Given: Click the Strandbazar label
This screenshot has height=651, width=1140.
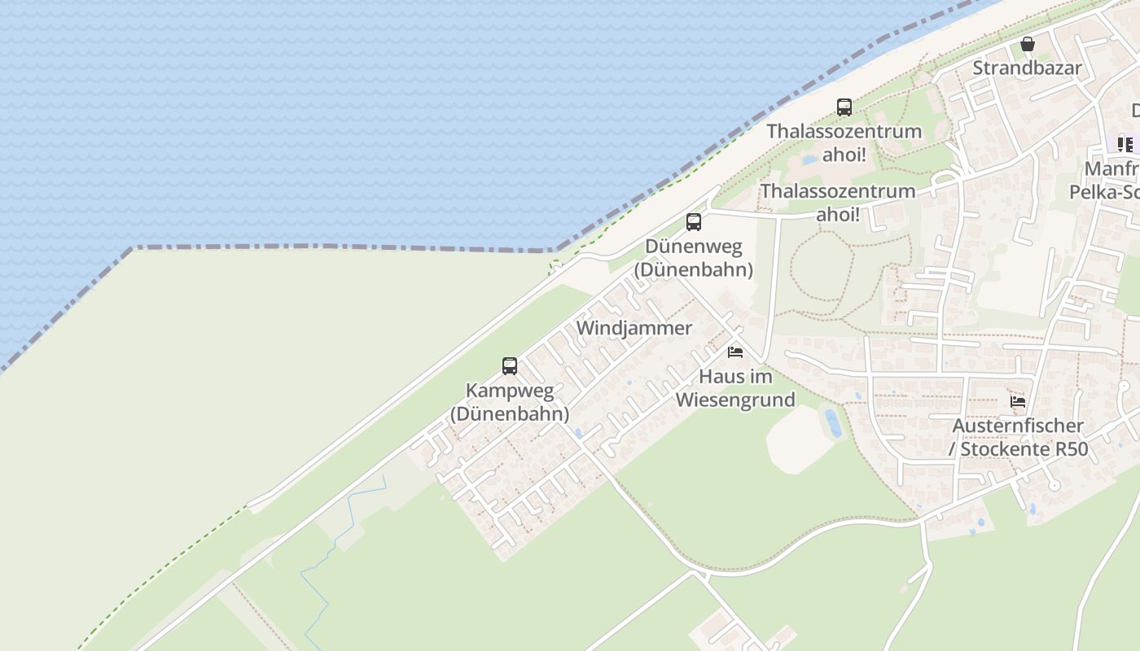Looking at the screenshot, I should [1027, 68].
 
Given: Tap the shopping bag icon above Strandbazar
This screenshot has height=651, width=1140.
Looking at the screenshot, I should [1028, 44].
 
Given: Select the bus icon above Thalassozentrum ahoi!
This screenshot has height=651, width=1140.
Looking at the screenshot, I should [844, 107].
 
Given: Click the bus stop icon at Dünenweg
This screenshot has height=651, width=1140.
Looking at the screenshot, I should [694, 221].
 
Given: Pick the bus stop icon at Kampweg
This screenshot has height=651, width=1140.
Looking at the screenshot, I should [510, 366].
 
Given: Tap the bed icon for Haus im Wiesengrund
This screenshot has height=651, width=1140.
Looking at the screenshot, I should [735, 352].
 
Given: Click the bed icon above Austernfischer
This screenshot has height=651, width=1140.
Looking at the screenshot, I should [1018, 401].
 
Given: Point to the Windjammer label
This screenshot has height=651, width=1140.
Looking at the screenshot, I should [634, 328].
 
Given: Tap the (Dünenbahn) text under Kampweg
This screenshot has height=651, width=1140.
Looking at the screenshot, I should [510, 413].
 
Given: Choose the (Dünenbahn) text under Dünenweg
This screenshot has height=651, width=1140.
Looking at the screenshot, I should [693, 269].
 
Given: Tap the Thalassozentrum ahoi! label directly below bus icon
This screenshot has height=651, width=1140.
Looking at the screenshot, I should [844, 142].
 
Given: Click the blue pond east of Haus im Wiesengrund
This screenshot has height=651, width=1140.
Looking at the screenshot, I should [833, 422].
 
